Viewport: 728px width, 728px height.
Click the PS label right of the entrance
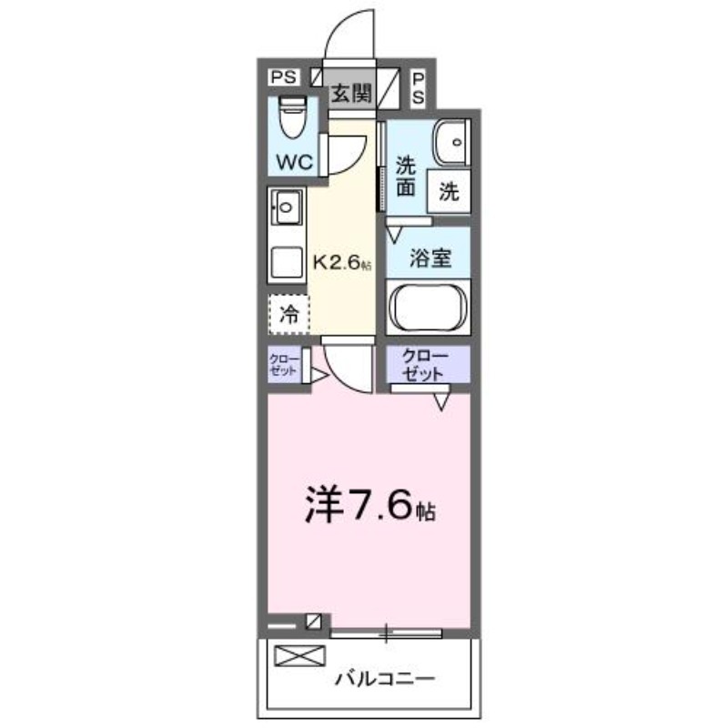(419, 87)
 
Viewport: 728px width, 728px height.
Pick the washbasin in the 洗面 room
(450, 141)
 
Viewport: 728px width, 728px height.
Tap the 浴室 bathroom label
(429, 258)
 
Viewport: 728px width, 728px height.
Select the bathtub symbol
(428, 307)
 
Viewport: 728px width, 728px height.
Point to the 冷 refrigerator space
(288, 316)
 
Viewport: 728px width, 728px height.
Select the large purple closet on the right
(424, 364)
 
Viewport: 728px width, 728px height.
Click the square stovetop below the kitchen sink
(287, 262)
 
